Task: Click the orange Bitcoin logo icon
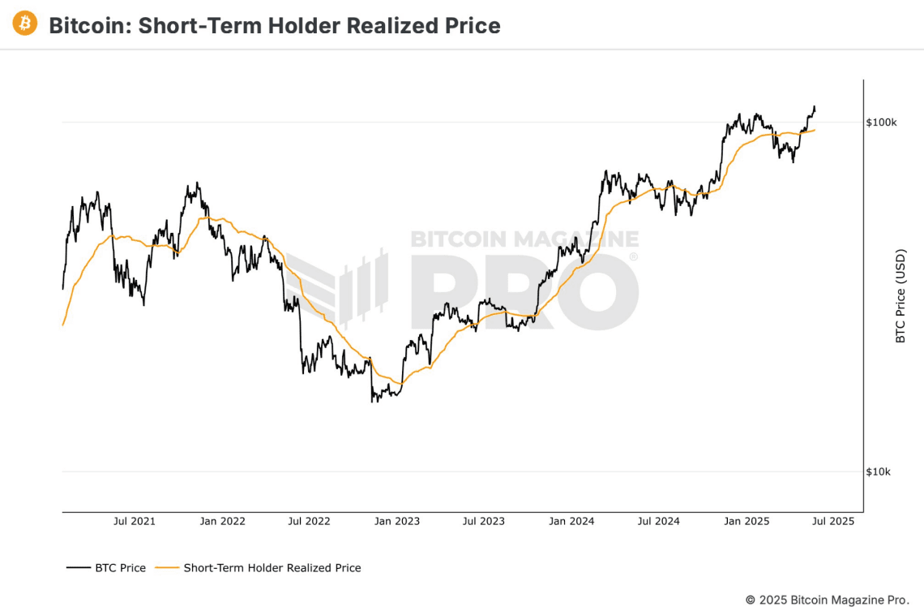tap(24, 24)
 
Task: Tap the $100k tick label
tap(881, 123)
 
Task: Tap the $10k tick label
tap(879, 472)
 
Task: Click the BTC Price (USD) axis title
tap(900, 296)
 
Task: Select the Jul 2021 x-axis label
tap(134, 521)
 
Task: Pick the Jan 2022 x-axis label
tap(222, 521)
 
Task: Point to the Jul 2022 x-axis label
tap(309, 521)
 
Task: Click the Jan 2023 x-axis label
tap(396, 521)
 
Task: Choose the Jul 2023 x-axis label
tap(484, 521)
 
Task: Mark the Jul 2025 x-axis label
tap(832, 521)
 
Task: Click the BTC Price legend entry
tap(107, 568)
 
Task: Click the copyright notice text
tap(827, 600)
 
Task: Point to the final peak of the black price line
tap(814, 106)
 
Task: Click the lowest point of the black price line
tap(373, 402)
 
